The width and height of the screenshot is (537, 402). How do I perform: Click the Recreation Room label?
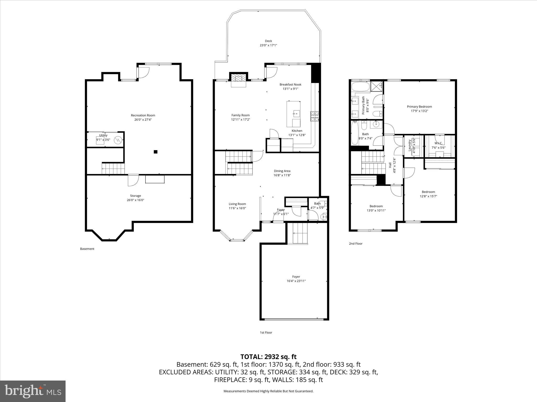click(143, 115)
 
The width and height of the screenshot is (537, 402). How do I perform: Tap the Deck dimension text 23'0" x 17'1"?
click(268, 45)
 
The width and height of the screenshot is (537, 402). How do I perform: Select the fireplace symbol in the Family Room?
click(239, 78)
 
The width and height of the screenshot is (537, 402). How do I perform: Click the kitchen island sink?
click(296, 113)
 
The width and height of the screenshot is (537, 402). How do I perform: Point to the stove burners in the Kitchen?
click(314, 116)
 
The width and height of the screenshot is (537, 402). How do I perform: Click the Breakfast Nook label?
click(290, 85)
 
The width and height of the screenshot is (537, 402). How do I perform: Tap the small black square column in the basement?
click(155, 152)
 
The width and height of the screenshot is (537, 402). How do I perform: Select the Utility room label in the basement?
click(103, 135)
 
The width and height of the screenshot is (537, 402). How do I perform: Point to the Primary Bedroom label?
click(419, 107)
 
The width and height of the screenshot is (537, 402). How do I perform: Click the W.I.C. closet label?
click(438, 143)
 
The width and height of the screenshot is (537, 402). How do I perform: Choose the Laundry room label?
click(409, 145)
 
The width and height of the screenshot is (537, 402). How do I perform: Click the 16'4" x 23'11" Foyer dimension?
click(296, 281)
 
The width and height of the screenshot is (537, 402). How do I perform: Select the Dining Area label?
click(282, 171)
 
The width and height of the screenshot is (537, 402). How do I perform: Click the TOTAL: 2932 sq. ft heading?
click(268, 357)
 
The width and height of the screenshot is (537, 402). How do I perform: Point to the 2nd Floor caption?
click(356, 243)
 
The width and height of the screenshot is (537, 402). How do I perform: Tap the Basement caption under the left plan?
click(87, 249)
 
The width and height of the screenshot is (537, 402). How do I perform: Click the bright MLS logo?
click(33, 391)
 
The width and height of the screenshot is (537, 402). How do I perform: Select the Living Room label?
click(237, 204)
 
